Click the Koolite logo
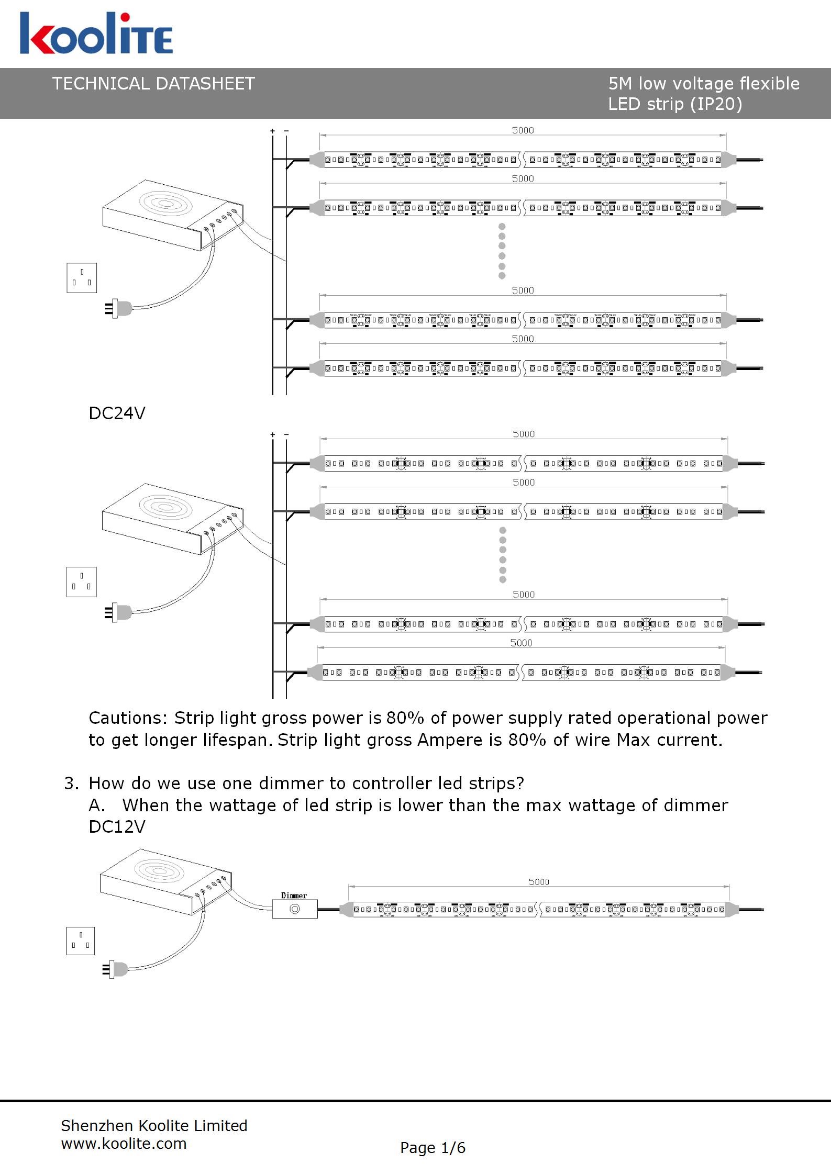click(x=96, y=33)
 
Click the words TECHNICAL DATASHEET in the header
click(x=153, y=84)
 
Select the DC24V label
click(x=117, y=413)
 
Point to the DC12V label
click(x=117, y=826)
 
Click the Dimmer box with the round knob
click(x=295, y=909)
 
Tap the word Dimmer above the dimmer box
click(x=294, y=896)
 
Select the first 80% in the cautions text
click(x=405, y=718)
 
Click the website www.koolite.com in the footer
click(x=124, y=1144)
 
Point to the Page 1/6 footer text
click(x=433, y=1148)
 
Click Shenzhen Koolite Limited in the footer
click(x=154, y=1126)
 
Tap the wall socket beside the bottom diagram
click(x=81, y=941)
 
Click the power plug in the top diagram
click(x=118, y=309)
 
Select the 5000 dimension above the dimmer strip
click(x=539, y=882)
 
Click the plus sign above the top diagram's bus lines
click(x=272, y=131)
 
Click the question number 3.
click(x=71, y=784)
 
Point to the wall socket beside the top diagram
click(x=82, y=278)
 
